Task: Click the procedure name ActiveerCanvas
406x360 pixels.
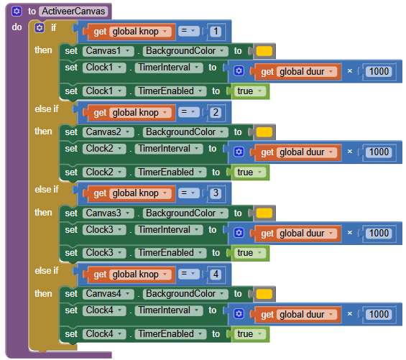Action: coord(73,11)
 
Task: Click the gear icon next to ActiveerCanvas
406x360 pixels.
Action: coord(17,11)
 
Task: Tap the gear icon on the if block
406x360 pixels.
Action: coord(40,27)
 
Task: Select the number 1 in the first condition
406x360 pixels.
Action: coord(216,32)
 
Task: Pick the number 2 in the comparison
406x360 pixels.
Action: coord(216,112)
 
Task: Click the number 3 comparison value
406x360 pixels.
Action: coord(216,193)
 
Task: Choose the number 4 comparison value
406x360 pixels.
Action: coord(216,274)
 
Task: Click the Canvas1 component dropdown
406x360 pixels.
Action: coord(109,51)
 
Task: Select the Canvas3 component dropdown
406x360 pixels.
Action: coord(109,213)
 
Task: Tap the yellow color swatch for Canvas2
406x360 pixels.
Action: coord(264,132)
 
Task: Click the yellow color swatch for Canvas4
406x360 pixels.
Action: coord(264,294)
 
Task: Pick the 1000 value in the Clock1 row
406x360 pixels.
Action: coord(379,71)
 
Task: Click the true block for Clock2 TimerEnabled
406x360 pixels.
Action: coord(250,172)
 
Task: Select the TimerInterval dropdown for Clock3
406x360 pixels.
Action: coord(169,230)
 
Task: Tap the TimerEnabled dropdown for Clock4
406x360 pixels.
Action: coord(170,334)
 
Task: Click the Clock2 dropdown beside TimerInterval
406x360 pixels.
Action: coord(104,149)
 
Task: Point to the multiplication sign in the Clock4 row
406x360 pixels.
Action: coord(350,314)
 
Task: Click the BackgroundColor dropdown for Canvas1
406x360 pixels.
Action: coord(185,51)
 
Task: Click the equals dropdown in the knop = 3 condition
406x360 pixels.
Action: coord(189,193)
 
